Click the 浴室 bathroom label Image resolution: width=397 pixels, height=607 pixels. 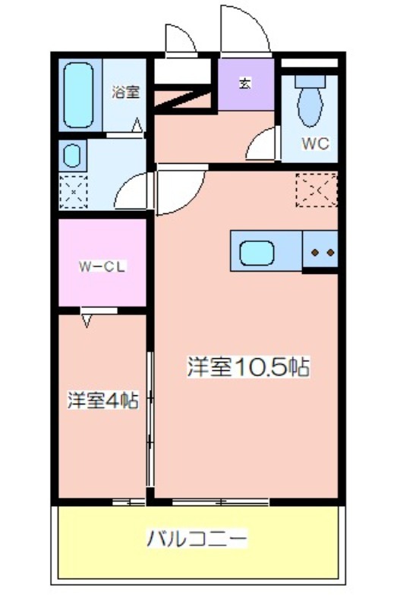point(125,92)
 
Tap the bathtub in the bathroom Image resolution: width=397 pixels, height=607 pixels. point(78,96)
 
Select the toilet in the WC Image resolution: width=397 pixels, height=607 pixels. point(310,101)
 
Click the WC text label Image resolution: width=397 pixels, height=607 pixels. point(315,143)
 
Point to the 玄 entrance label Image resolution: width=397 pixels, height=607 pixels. point(244,83)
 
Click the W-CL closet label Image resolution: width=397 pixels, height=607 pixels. point(102,267)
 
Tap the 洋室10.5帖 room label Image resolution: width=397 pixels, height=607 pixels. point(248,366)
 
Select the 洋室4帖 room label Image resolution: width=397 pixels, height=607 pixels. point(103,401)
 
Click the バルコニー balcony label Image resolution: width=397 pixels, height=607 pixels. point(197,539)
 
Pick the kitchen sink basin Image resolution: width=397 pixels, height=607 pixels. point(257,253)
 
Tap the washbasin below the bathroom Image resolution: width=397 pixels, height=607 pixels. point(72,156)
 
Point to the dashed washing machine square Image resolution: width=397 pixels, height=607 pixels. point(73,192)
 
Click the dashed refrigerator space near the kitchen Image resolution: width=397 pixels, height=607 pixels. point(317,190)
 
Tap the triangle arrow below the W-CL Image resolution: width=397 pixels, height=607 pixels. point(87,320)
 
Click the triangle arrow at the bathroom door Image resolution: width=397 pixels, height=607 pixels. point(137,125)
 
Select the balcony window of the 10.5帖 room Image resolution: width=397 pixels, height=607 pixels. point(221,502)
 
